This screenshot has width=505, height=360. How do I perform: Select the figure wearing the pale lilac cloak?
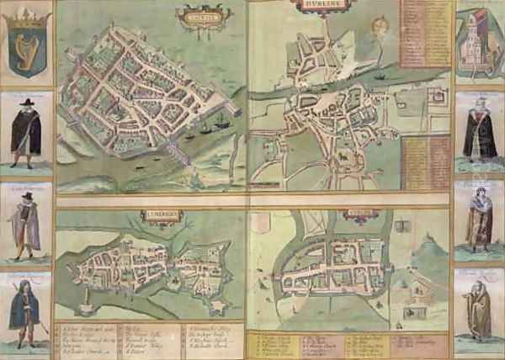(26, 223)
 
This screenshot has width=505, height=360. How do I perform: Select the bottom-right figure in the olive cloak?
(479, 311)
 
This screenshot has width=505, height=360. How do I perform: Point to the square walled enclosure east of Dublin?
(436, 99)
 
